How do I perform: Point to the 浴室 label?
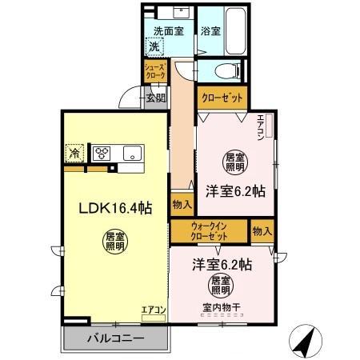pyautogui.click(x=210, y=32)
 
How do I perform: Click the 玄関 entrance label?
pyautogui.click(x=156, y=98)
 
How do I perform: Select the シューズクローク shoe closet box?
pyautogui.click(x=155, y=70)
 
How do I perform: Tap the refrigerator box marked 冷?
pyautogui.click(x=74, y=151)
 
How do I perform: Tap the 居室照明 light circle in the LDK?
pyautogui.click(x=114, y=242)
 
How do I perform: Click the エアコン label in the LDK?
pyautogui.click(x=153, y=310)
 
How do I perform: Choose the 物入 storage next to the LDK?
pyautogui.click(x=182, y=206)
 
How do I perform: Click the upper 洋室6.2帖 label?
pyautogui.click(x=235, y=191)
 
